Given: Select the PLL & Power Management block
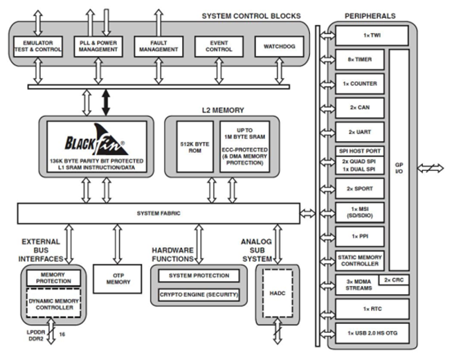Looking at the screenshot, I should click(x=98, y=47).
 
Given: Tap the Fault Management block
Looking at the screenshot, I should click(x=158, y=47).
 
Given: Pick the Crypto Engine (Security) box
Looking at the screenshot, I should click(x=199, y=295).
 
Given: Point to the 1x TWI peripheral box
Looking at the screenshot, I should click(x=359, y=35).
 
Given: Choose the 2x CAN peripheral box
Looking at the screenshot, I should click(x=359, y=107).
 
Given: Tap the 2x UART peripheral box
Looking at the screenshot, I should click(x=359, y=131).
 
